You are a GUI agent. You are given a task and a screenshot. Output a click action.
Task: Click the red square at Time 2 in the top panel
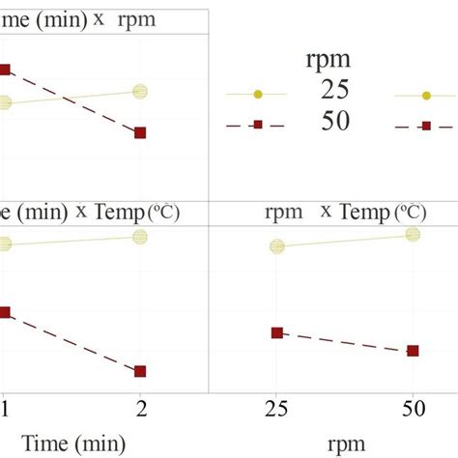coord(140,132)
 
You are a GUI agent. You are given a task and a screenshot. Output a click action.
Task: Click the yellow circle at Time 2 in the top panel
coord(139,92)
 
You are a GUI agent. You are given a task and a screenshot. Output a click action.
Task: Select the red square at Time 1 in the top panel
coord(4,70)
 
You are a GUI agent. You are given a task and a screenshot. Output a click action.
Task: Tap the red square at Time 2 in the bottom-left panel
coord(140,371)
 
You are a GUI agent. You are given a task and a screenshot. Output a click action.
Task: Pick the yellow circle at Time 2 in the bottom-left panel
coord(139,238)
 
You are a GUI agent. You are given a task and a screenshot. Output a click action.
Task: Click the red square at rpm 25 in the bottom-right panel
coord(277,332)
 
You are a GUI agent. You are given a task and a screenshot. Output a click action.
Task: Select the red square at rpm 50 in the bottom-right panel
coord(414,351)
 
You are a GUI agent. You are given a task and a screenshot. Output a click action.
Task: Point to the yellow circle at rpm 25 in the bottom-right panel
coord(277,246)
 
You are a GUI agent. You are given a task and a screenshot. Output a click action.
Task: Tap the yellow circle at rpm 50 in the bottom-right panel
coord(414,234)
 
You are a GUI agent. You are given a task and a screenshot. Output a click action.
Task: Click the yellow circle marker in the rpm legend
coord(257,94)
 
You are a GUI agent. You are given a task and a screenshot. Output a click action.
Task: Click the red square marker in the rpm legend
coord(257,125)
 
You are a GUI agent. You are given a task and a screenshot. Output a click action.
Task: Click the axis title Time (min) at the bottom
coord(74,443)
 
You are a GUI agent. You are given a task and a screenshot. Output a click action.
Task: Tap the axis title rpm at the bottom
coord(345,444)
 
